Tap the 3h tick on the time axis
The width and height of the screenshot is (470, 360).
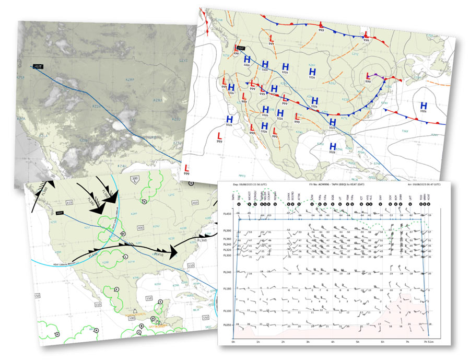coord(307,342)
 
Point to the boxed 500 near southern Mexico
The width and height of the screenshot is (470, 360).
coord(132,318)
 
